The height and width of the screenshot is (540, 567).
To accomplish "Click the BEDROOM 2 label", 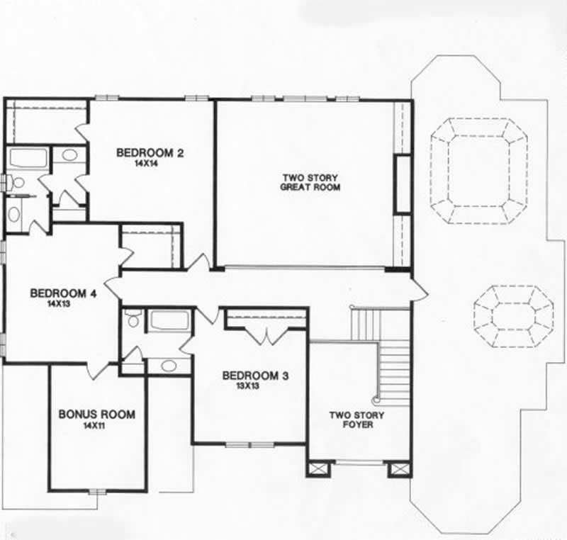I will click(x=150, y=152).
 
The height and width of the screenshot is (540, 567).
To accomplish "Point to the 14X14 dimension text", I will click(x=150, y=163).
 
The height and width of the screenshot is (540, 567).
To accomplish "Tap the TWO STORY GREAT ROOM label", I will click(x=310, y=182).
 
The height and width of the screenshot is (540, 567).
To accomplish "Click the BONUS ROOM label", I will click(x=96, y=415).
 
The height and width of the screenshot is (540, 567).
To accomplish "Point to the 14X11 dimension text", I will click(x=96, y=426).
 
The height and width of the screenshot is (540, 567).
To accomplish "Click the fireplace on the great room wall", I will click(x=403, y=184).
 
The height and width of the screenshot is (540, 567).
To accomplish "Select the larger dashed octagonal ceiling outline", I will click(x=480, y=171).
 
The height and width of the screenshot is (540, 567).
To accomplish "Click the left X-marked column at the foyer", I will click(x=318, y=469).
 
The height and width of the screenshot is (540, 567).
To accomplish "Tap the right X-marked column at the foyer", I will click(x=400, y=469).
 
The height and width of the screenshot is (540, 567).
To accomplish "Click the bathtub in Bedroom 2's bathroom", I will click(x=28, y=158).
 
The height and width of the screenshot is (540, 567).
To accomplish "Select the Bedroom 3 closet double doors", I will click(x=266, y=336).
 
